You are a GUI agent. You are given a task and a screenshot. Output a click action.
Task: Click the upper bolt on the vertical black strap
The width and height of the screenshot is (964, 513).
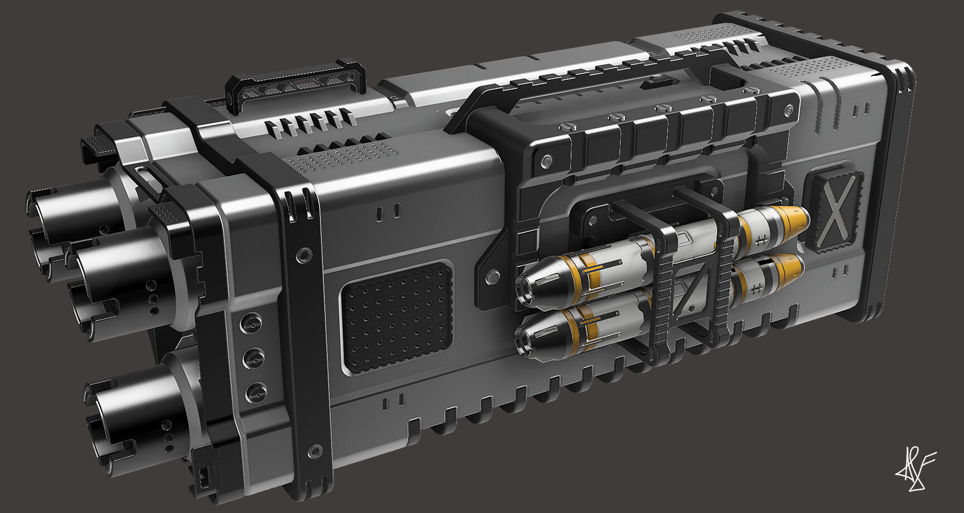[304, 255]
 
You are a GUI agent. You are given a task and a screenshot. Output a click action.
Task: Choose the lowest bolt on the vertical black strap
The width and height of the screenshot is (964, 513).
[316, 449]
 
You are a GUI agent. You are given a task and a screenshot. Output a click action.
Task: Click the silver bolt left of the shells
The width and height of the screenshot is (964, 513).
[493, 276]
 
